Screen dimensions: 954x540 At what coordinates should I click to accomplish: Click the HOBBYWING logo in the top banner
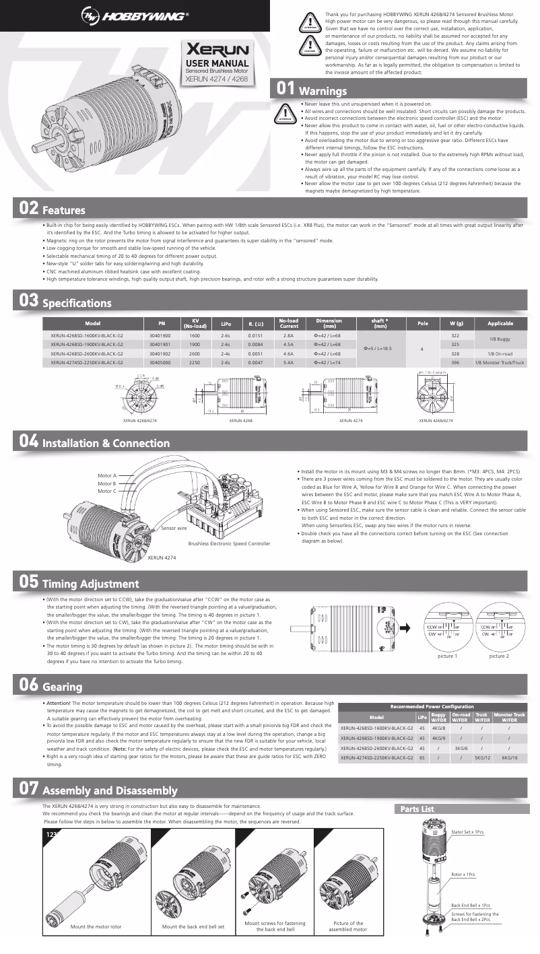point(135,15)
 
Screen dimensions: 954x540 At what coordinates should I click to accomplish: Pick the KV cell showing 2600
point(195,353)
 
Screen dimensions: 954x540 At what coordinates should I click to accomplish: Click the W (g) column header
point(456,323)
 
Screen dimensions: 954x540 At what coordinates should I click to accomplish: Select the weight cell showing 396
point(455,362)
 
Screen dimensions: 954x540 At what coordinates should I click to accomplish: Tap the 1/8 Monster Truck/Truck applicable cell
point(500,362)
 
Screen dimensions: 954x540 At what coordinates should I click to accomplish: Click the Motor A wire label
point(107,475)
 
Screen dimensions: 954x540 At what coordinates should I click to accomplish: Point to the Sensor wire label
point(174,529)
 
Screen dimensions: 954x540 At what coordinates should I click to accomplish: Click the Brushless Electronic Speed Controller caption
point(229,543)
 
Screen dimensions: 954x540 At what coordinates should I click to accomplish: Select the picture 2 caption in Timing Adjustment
point(499,656)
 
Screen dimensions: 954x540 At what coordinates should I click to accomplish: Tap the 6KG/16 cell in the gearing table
point(509,757)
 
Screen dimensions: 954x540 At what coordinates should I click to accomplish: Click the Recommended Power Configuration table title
point(432,706)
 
